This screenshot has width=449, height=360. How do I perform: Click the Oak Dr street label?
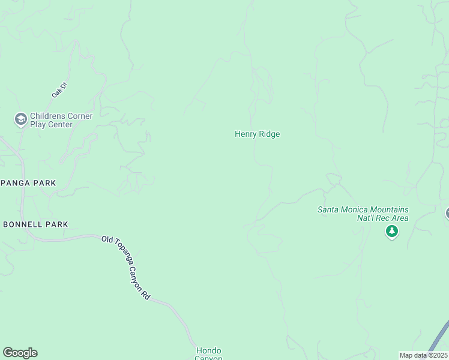point(58,90)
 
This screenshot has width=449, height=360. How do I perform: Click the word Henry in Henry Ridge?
point(246,134)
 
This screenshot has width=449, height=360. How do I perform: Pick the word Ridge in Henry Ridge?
point(270,134)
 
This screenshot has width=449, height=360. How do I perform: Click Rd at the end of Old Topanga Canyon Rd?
point(146,296)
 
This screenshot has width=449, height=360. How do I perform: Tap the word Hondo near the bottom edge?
point(209,350)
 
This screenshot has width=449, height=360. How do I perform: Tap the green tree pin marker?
point(392,232)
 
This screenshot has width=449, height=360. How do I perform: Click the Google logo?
point(20,353)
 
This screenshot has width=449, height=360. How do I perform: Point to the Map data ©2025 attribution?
point(423,355)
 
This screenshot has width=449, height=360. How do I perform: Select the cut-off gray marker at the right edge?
point(447,213)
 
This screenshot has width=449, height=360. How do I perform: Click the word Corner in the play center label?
point(80,116)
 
